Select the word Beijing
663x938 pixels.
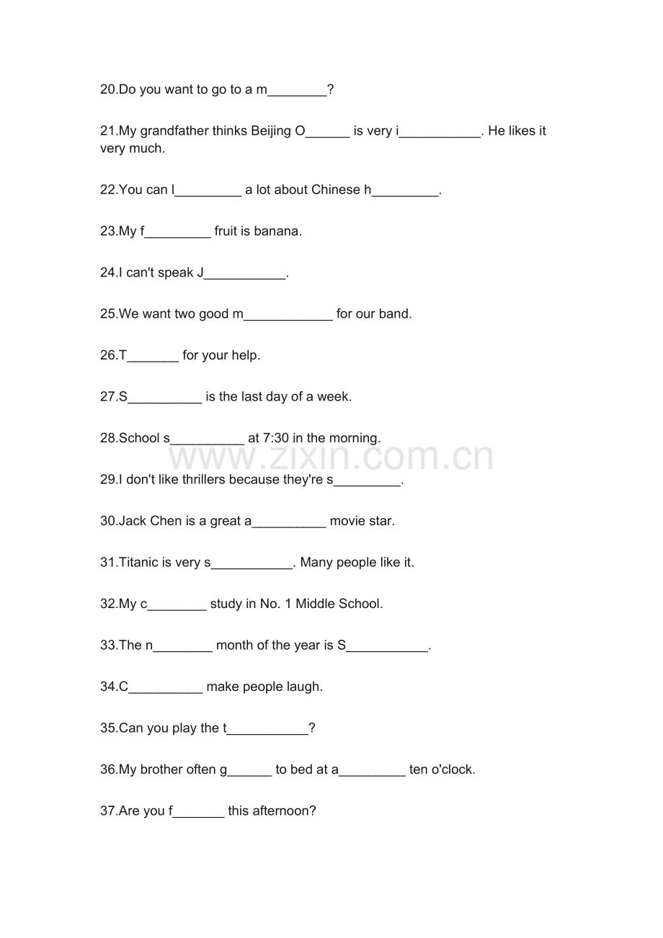pyautogui.click(x=271, y=131)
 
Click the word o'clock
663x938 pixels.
pyautogui.click(x=453, y=769)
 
